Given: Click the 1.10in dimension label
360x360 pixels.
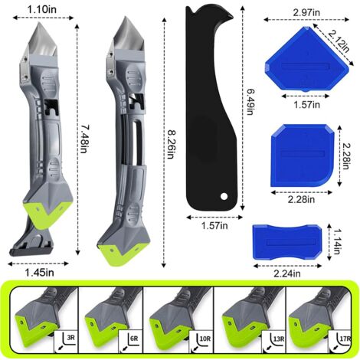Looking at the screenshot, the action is [42, 10].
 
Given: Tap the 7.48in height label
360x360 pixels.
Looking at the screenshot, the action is [83, 139].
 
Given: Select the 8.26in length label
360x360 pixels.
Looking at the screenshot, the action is [170, 144].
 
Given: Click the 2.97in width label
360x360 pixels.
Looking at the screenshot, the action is [306, 12].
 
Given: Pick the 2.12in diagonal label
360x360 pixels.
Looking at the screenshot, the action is [339, 41].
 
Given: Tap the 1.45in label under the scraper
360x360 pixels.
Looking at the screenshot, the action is [40, 273].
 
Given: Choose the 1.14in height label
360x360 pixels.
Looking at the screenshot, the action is [337, 241].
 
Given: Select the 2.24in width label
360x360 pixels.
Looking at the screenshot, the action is [287, 273].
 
